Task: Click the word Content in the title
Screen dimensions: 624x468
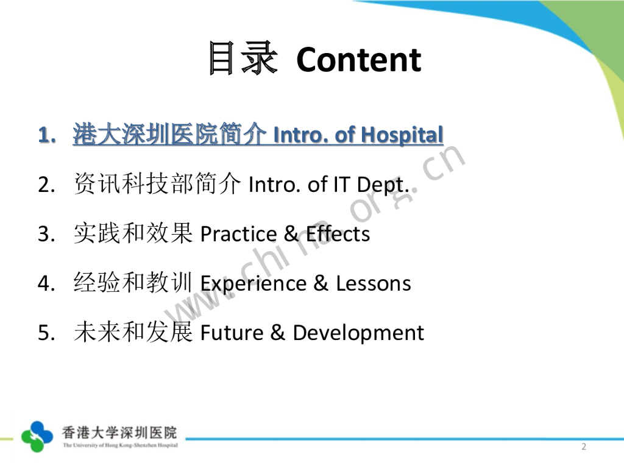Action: click(x=358, y=60)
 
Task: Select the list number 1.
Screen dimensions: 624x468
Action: click(x=46, y=135)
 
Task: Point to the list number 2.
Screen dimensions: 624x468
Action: click(x=46, y=185)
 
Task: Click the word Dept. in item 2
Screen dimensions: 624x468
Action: click(x=383, y=185)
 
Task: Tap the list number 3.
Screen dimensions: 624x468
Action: click(x=46, y=234)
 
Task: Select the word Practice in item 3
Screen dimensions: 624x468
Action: click(x=238, y=233)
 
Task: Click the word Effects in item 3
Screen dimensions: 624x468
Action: click(x=338, y=233)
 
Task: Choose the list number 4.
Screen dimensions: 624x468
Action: click(x=46, y=283)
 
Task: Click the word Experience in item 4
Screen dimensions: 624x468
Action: click(x=253, y=284)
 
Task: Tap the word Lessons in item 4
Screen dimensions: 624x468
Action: click(x=374, y=283)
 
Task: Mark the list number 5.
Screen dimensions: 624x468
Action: click(x=46, y=333)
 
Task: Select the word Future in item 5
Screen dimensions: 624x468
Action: click(x=232, y=333)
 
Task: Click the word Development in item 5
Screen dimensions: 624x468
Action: click(x=358, y=333)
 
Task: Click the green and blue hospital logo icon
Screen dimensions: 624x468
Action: click(x=37, y=436)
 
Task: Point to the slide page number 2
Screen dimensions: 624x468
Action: click(x=584, y=447)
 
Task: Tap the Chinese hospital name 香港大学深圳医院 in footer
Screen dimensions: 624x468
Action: click(x=119, y=433)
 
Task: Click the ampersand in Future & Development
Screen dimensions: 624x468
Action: click(x=278, y=333)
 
